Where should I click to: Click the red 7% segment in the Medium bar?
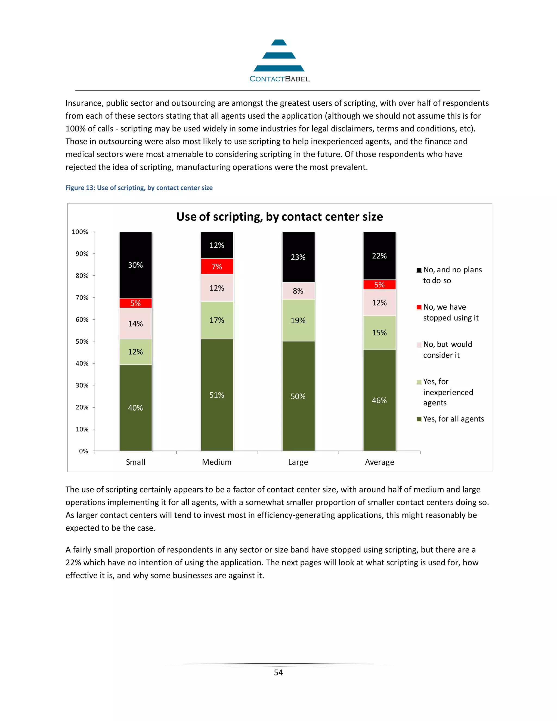(x=217, y=266)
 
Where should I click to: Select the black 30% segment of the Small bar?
(x=135, y=265)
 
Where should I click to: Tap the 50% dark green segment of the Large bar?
(x=298, y=396)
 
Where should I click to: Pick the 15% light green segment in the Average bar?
(x=379, y=332)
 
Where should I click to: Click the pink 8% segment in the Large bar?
(x=298, y=291)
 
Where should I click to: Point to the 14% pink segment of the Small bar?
(x=135, y=323)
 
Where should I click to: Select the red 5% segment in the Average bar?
(x=379, y=285)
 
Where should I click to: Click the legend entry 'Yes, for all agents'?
(x=453, y=419)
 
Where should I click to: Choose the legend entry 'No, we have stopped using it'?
(x=450, y=312)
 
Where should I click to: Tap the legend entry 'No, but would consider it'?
(x=447, y=350)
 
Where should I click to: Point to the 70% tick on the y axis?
(x=82, y=297)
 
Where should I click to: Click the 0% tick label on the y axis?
(x=83, y=451)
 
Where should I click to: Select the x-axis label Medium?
(x=217, y=462)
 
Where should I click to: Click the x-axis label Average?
(x=379, y=462)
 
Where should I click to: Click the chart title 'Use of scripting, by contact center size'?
(x=280, y=217)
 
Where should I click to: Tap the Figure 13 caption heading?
(x=139, y=187)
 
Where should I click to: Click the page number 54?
(x=278, y=673)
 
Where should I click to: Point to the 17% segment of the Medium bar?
(x=217, y=320)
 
